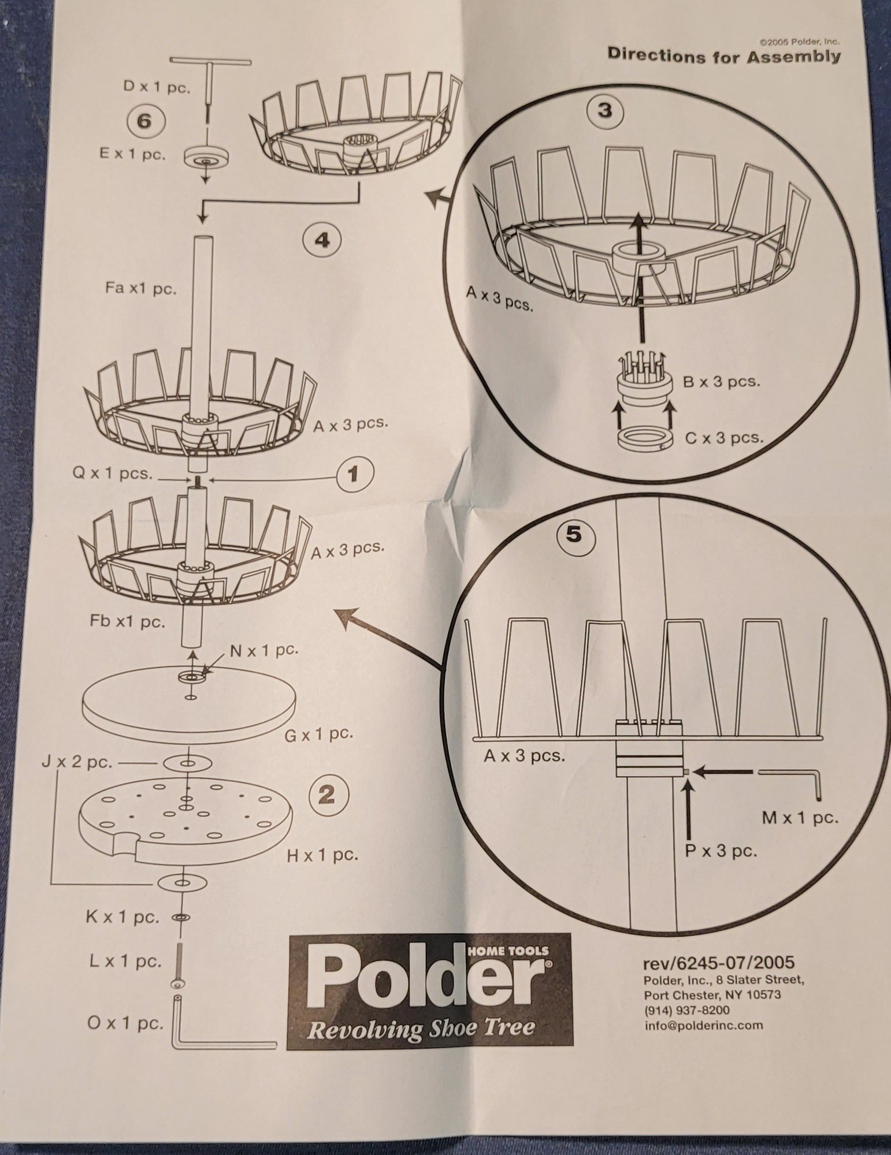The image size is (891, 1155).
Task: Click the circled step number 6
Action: [x=145, y=122]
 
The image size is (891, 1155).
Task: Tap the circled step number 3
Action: [x=605, y=110]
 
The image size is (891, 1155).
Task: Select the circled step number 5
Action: [x=573, y=535]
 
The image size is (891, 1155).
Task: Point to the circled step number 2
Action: [x=327, y=796]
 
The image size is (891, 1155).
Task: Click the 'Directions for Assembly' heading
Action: [x=724, y=56]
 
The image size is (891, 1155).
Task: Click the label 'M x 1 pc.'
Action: [x=800, y=818]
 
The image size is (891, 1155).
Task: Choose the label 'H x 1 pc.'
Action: [x=322, y=855]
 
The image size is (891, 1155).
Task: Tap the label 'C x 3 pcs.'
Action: [x=724, y=438]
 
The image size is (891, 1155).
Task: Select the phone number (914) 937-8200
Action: [x=686, y=1011]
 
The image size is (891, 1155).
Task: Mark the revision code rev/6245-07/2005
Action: [x=719, y=963]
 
